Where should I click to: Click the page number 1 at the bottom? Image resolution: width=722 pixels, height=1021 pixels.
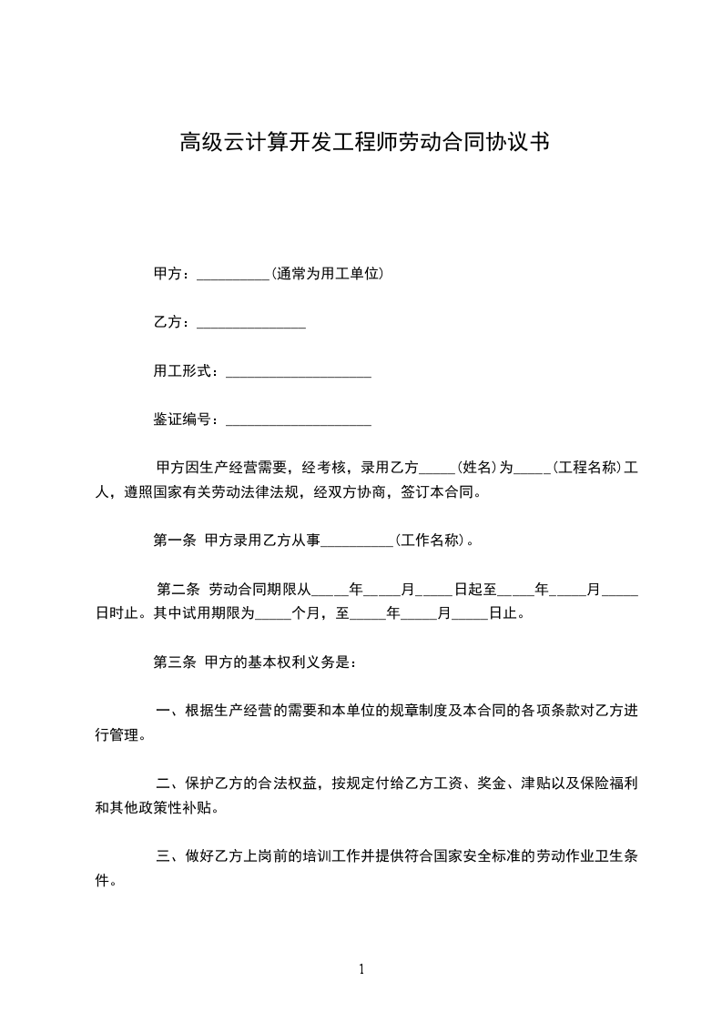coord(361,969)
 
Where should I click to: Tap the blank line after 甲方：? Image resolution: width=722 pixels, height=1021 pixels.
coord(233,276)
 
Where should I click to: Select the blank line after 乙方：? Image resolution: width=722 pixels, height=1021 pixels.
coord(250,324)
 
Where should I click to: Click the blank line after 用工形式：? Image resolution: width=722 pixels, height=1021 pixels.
coord(298,372)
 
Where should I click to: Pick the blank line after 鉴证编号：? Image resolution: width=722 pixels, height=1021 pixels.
coord(298,421)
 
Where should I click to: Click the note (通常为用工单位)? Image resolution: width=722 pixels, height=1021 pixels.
coord(327,274)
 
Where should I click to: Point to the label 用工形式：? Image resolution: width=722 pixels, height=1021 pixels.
coord(187,371)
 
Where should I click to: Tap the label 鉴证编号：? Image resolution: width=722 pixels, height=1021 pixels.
coord(187,420)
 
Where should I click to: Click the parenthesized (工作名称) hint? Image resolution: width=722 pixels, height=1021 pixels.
coord(432,541)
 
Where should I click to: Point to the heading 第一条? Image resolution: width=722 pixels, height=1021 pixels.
coord(174,541)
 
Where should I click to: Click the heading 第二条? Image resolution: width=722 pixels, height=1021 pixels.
coord(178,590)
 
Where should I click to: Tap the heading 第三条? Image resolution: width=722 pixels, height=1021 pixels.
coord(174,662)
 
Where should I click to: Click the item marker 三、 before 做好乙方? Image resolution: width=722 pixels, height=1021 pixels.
coord(169,857)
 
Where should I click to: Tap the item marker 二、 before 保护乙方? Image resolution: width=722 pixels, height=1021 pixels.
coord(169,783)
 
